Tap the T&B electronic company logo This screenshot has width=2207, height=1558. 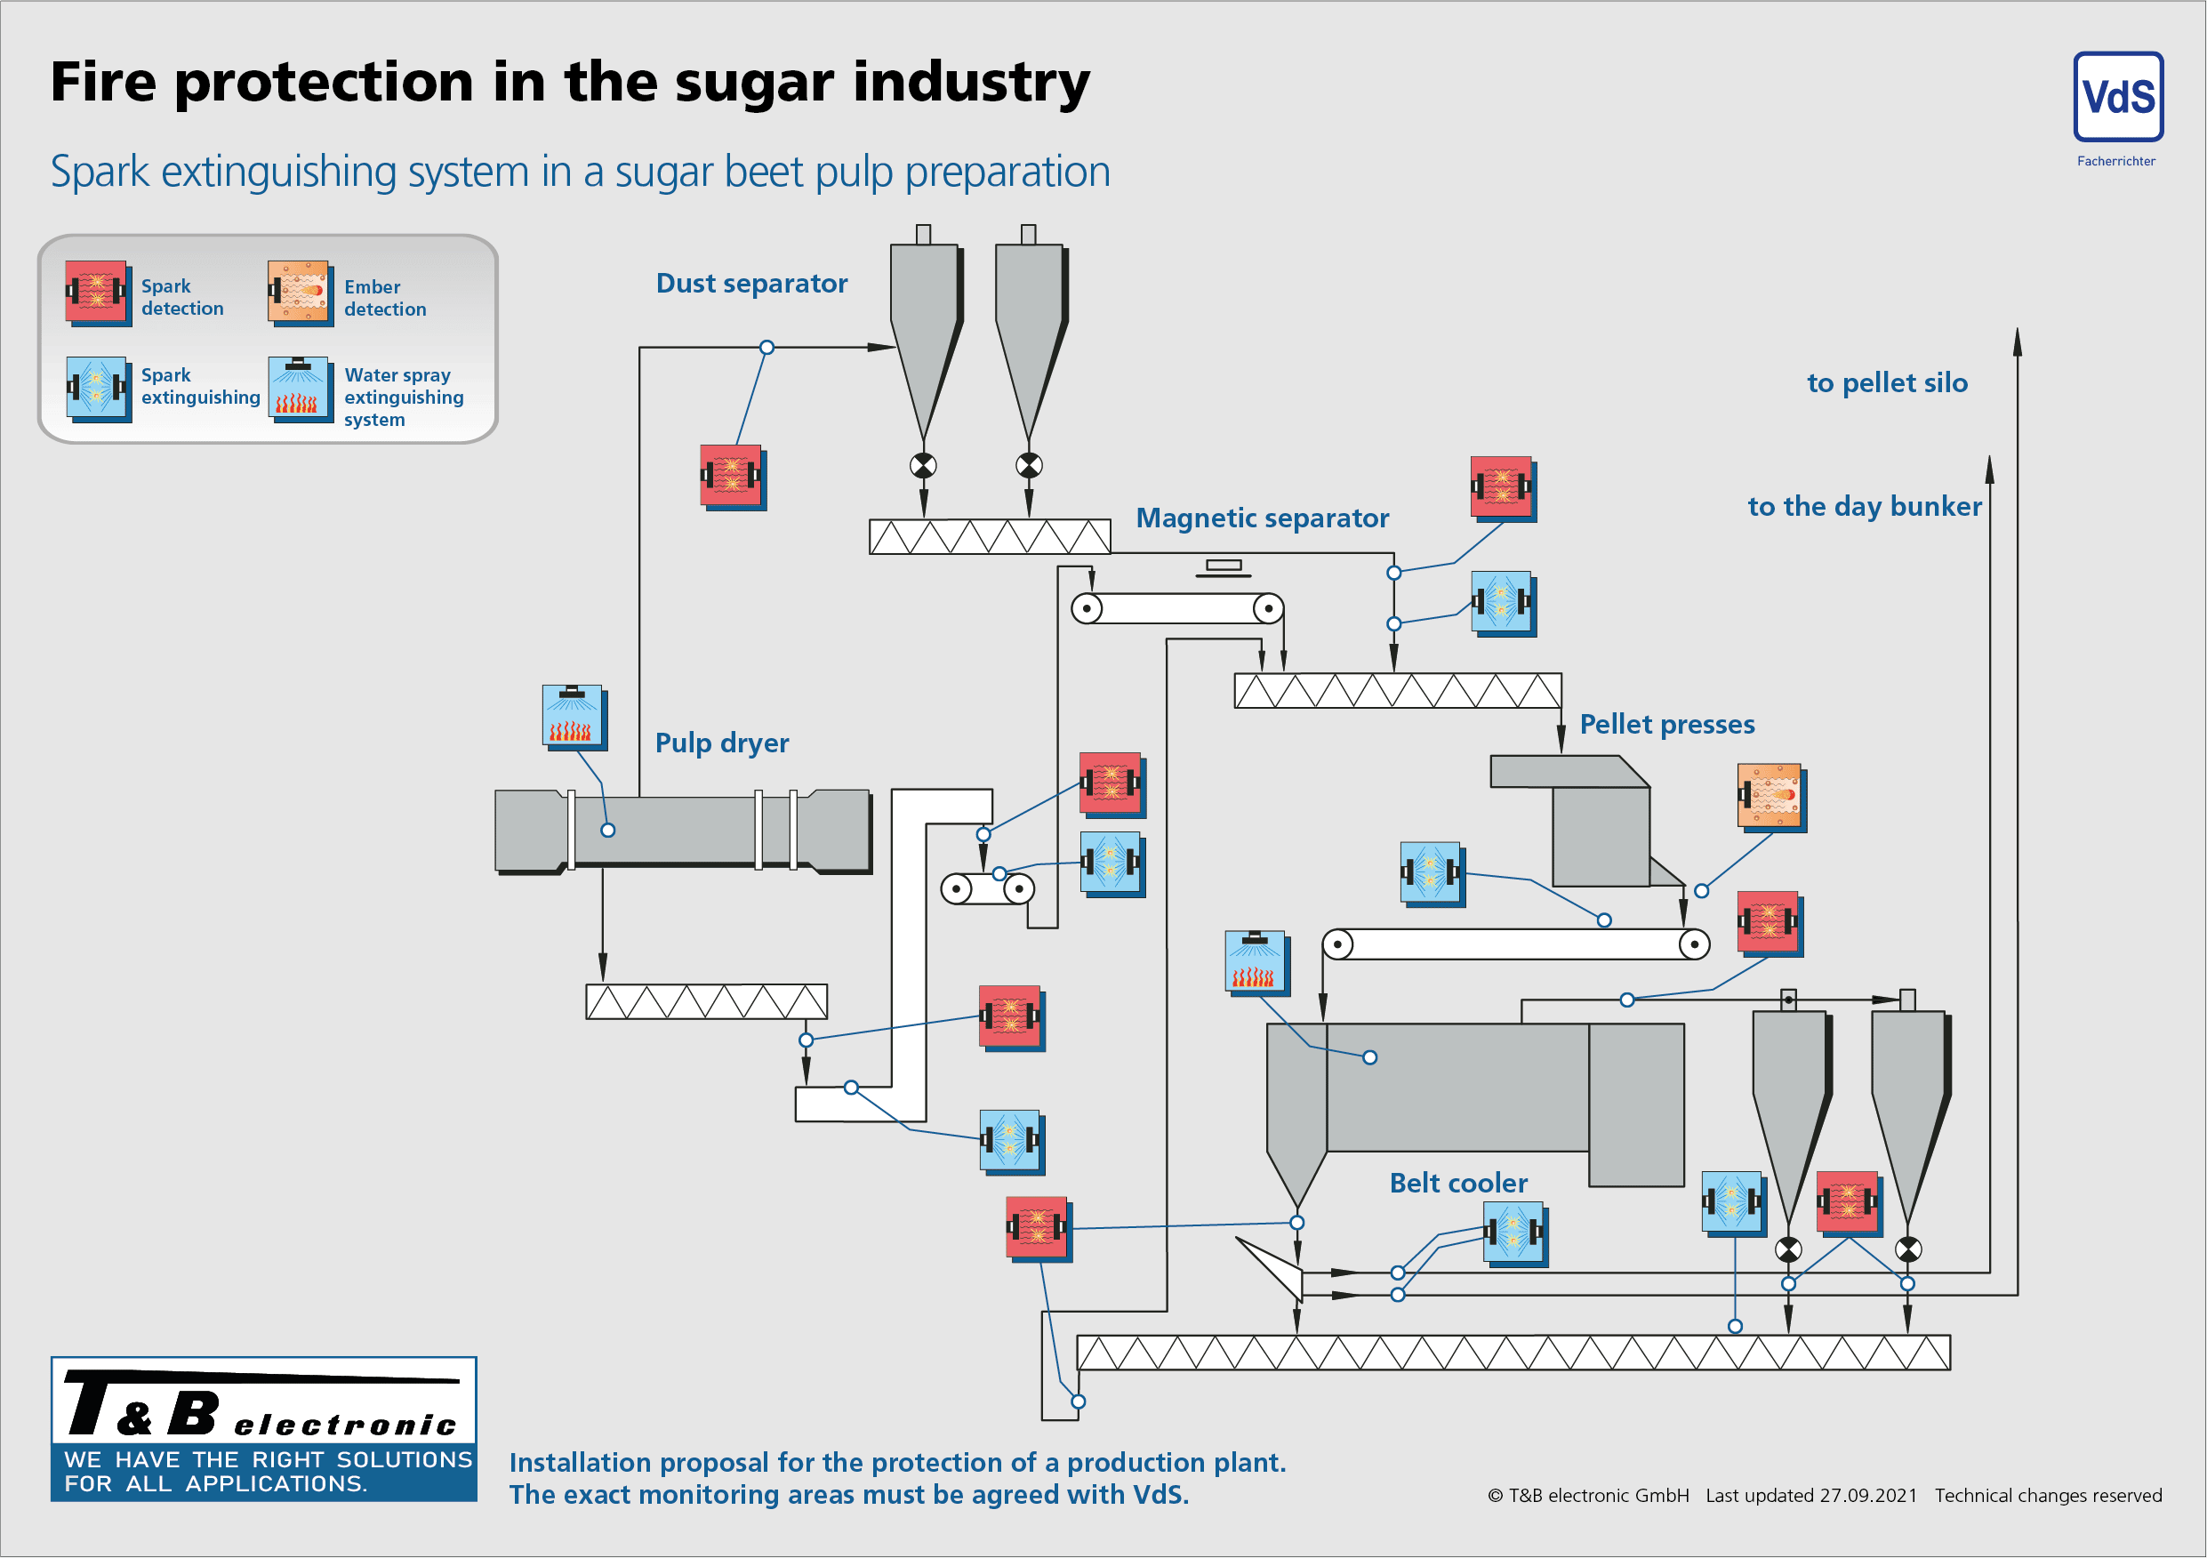click(263, 1428)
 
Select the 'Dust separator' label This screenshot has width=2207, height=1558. click(750, 284)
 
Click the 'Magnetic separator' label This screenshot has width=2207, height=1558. click(1261, 518)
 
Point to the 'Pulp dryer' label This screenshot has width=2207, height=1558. click(721, 743)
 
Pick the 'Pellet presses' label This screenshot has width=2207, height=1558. click(1665, 724)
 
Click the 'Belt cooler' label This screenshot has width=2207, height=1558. click(1457, 1182)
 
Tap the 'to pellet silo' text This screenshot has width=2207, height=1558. click(1886, 382)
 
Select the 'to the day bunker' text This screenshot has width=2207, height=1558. click(1863, 507)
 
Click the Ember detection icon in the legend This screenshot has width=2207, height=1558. click(298, 291)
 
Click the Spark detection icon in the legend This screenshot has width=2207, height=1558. click(96, 291)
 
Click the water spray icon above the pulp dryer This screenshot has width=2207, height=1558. click(573, 715)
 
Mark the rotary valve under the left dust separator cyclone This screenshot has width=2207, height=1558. click(923, 466)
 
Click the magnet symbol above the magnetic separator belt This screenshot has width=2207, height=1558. click(1223, 567)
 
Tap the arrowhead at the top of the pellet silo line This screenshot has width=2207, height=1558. click(2017, 342)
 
